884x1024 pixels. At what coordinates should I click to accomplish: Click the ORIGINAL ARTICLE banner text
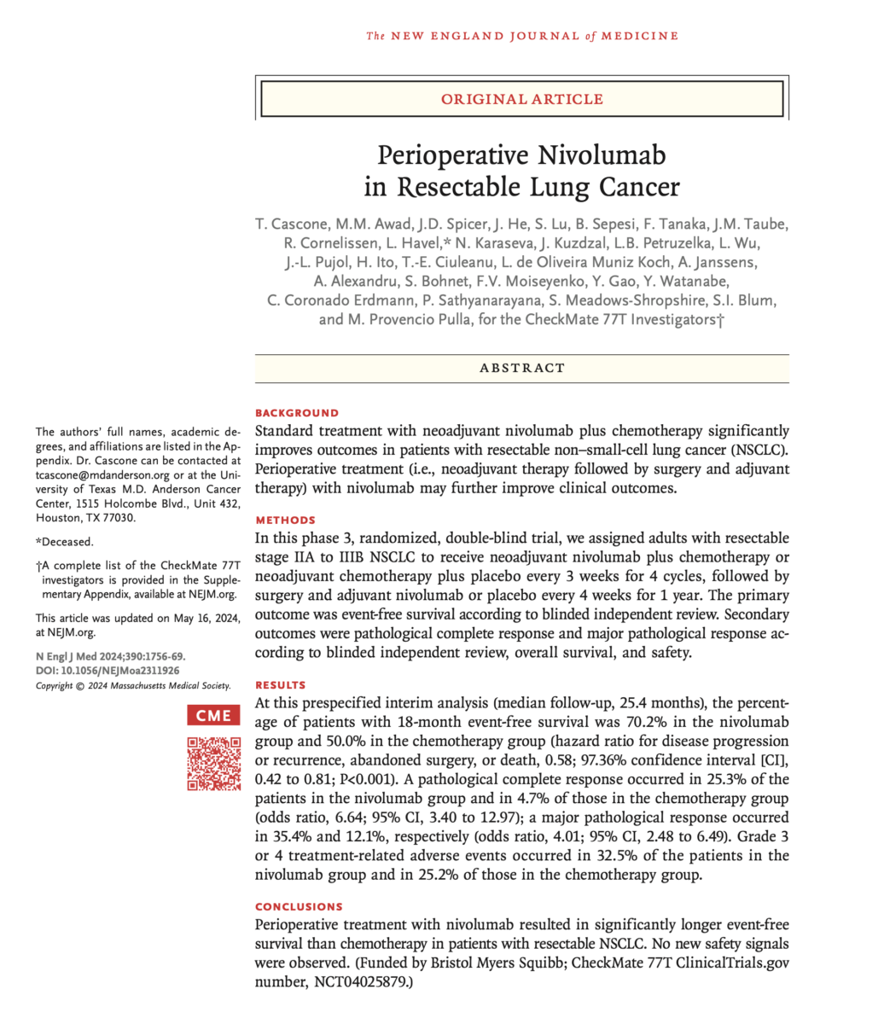point(522,100)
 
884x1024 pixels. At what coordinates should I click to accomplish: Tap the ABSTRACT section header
point(522,368)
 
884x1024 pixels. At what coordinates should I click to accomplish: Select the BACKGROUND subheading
point(297,413)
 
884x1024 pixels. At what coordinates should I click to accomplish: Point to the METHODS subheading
point(285,520)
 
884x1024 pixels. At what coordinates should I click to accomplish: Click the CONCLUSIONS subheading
point(299,906)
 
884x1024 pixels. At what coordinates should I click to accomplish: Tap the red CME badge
point(213,715)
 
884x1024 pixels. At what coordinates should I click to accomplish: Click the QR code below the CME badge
point(213,762)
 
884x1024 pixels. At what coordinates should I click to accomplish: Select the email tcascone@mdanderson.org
point(102,473)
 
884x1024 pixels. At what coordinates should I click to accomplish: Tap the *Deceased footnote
point(65,541)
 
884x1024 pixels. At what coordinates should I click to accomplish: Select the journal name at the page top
point(522,36)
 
